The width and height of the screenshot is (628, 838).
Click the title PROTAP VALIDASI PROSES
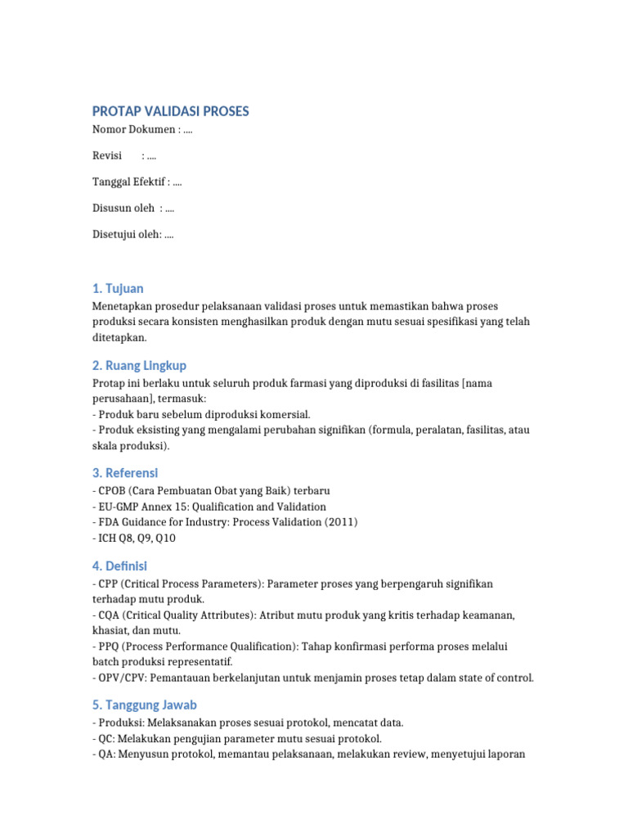(171, 111)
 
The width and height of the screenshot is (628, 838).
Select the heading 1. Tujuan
(118, 288)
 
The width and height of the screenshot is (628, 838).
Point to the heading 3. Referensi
(125, 473)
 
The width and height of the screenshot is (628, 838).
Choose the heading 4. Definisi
(119, 565)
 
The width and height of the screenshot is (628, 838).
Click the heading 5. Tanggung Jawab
(145, 705)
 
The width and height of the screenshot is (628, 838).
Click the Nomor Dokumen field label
(133, 129)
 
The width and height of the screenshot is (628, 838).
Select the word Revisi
(107, 155)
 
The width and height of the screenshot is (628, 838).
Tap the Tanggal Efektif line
(137, 182)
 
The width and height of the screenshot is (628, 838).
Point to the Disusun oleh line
(132, 208)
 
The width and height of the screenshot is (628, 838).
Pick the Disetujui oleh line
(132, 234)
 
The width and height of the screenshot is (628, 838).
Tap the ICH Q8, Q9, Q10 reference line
(134, 538)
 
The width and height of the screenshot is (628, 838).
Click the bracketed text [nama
(478, 383)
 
